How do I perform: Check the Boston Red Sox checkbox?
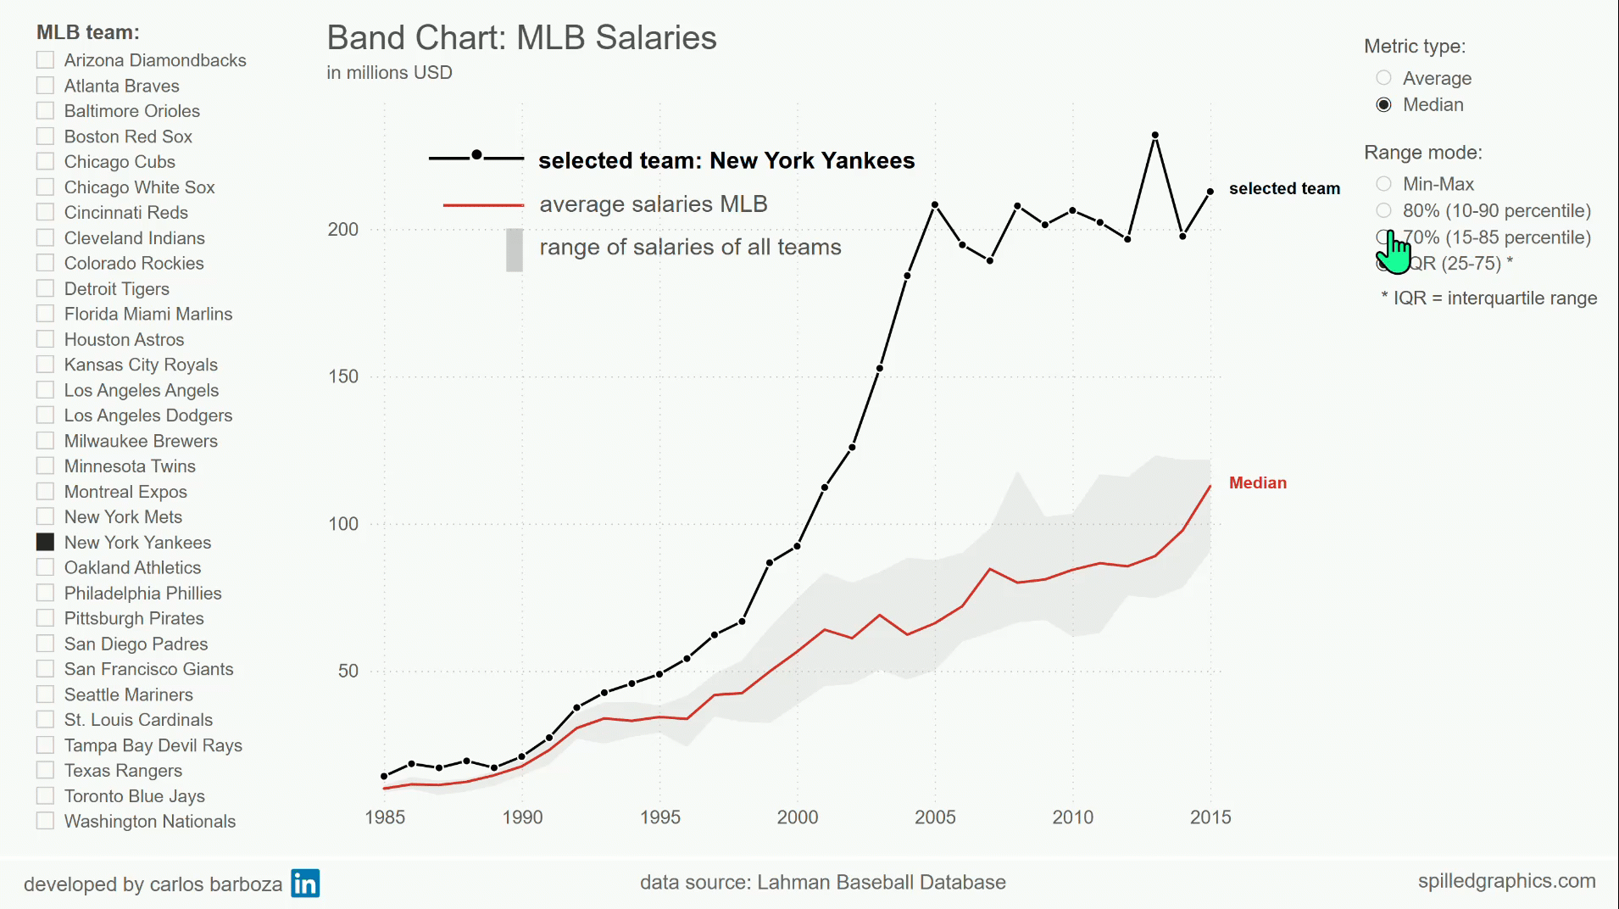click(x=46, y=137)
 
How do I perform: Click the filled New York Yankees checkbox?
click(x=46, y=542)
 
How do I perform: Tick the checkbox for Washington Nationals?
click(x=46, y=821)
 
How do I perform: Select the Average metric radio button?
click(x=1383, y=78)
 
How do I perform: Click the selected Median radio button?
click(x=1383, y=104)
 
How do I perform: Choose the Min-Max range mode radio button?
click(x=1383, y=184)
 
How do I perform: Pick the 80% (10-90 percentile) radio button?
click(x=1383, y=210)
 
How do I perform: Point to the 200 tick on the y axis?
click(x=343, y=230)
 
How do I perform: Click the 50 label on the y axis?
click(x=348, y=671)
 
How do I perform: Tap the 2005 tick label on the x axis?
click(x=935, y=817)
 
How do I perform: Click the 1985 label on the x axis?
click(x=385, y=817)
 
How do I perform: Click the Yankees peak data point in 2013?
click(x=1155, y=136)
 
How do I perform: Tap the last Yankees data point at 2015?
click(x=1210, y=192)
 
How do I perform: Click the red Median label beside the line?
click(x=1258, y=483)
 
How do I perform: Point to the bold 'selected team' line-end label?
click(x=1284, y=189)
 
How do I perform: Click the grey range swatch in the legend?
click(x=515, y=250)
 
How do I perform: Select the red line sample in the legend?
click(x=483, y=205)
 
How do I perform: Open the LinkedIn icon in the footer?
click(x=305, y=884)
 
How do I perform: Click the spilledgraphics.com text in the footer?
click(x=1506, y=882)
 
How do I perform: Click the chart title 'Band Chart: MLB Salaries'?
click(x=521, y=38)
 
